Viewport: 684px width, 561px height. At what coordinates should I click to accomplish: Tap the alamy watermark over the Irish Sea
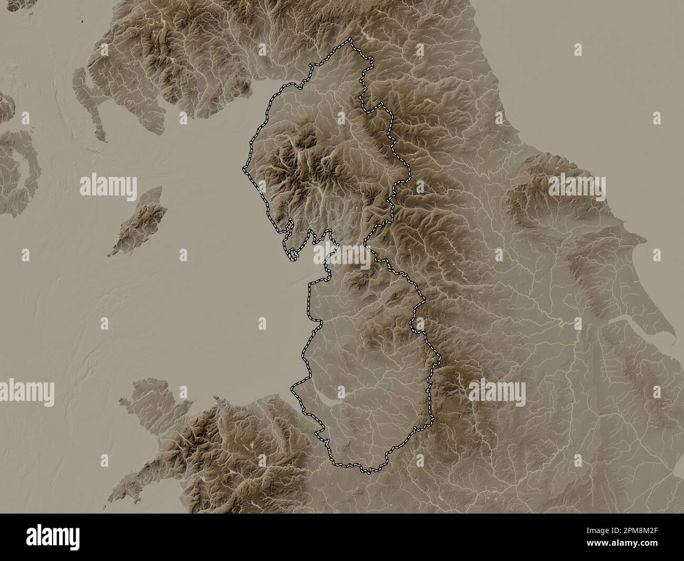coord(108,187)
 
